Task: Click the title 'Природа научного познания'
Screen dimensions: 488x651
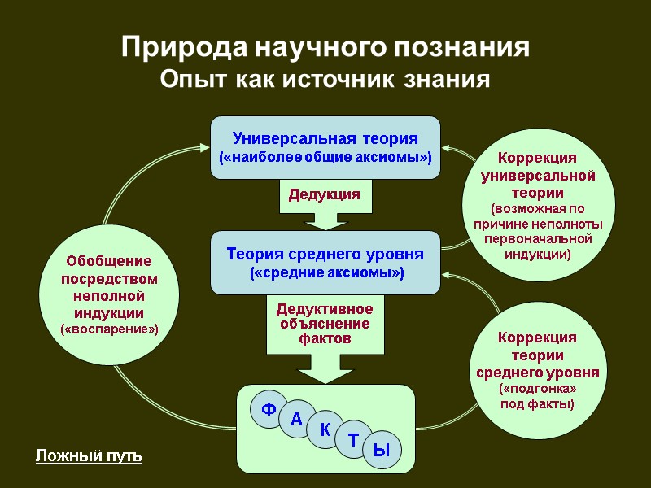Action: point(325,47)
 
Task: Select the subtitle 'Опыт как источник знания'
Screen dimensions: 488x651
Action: point(325,81)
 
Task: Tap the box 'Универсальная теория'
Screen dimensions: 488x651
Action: point(325,146)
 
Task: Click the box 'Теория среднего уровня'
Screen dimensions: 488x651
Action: point(325,262)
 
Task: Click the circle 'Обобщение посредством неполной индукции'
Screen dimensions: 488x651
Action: point(110,294)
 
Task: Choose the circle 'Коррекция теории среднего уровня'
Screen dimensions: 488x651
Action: point(537,370)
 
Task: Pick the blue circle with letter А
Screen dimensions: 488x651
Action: point(297,420)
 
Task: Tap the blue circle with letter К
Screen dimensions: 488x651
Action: point(325,429)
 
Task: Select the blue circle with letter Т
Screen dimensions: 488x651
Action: point(354,440)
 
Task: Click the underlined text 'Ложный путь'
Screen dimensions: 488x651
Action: point(90,456)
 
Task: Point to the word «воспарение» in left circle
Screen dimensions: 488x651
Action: point(110,329)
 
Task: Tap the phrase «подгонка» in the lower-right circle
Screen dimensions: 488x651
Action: point(537,390)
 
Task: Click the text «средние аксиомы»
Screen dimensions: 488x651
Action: point(325,272)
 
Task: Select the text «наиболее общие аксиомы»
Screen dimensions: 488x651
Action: point(325,156)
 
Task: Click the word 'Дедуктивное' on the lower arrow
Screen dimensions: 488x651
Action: point(325,309)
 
